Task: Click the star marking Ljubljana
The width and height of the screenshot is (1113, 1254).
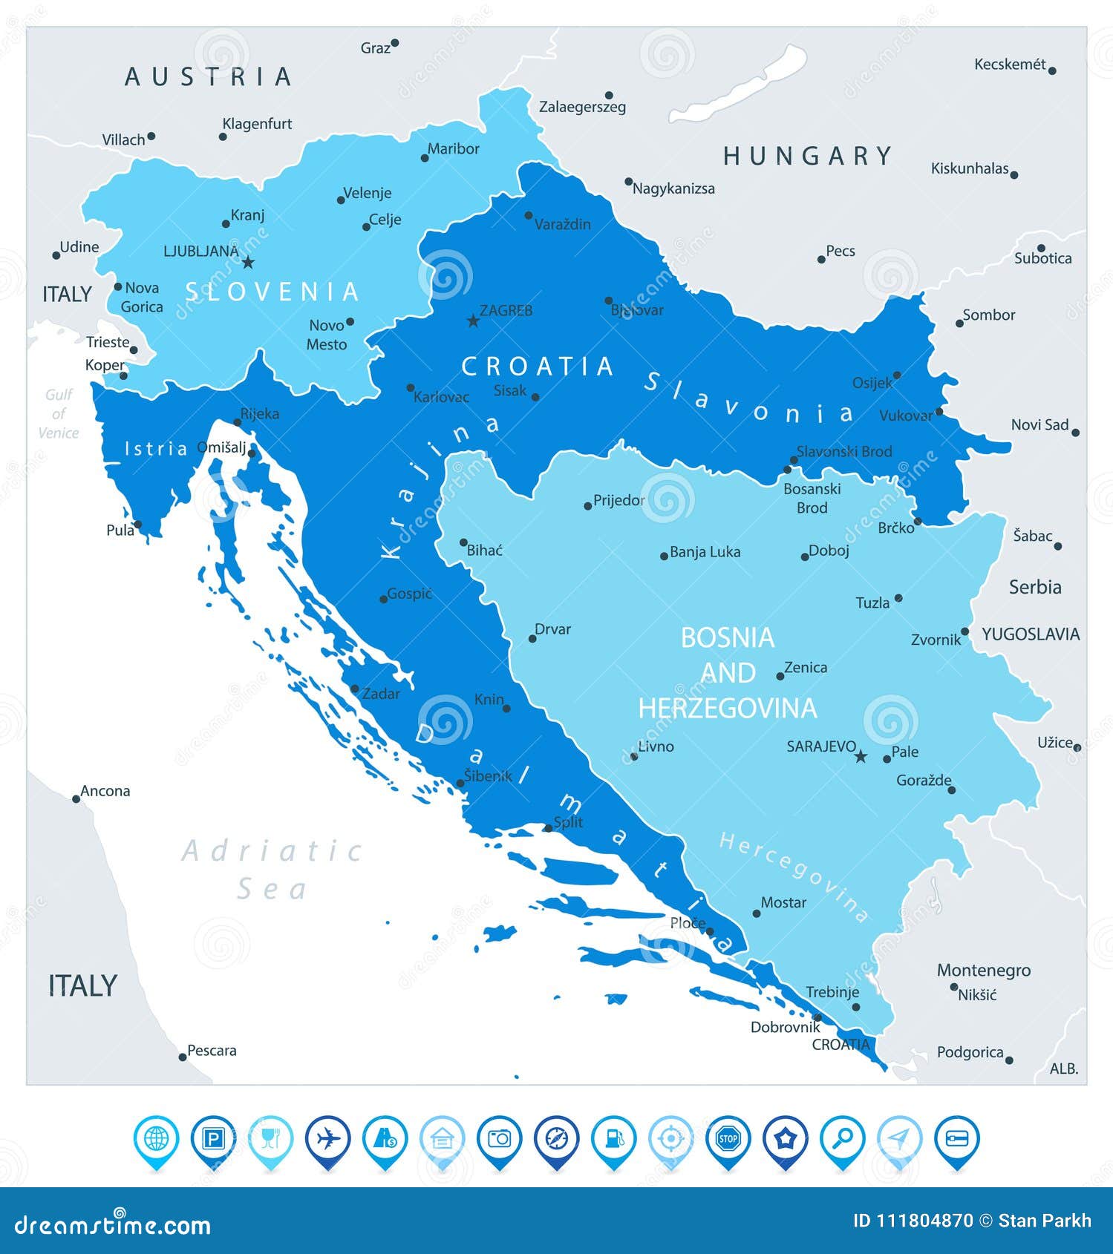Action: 248,263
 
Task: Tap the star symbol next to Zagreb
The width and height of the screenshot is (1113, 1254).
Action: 473,321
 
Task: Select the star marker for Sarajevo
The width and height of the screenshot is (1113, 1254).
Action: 861,757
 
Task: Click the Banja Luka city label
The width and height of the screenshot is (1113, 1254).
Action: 704,552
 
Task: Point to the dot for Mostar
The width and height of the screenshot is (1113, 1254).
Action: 757,913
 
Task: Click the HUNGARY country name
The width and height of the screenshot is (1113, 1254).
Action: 808,157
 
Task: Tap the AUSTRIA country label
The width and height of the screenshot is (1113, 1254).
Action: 209,77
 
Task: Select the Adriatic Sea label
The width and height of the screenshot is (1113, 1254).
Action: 273,869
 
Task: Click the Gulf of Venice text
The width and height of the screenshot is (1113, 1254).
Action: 59,414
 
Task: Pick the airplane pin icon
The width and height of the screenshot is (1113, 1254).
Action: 327,1138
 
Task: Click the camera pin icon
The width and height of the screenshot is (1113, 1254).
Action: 500,1138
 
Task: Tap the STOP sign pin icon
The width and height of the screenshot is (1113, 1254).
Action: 728,1138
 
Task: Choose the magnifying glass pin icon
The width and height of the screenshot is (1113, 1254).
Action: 843,1138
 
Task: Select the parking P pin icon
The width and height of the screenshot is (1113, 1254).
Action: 213,1138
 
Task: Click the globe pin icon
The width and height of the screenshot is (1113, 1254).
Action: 156,1138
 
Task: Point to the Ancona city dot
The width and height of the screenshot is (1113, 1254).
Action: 76,799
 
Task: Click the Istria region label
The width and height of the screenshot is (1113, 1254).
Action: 156,448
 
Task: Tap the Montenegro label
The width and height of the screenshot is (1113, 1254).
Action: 983,971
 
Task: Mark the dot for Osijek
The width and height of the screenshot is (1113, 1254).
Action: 897,375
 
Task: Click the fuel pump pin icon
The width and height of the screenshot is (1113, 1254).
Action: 614,1138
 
